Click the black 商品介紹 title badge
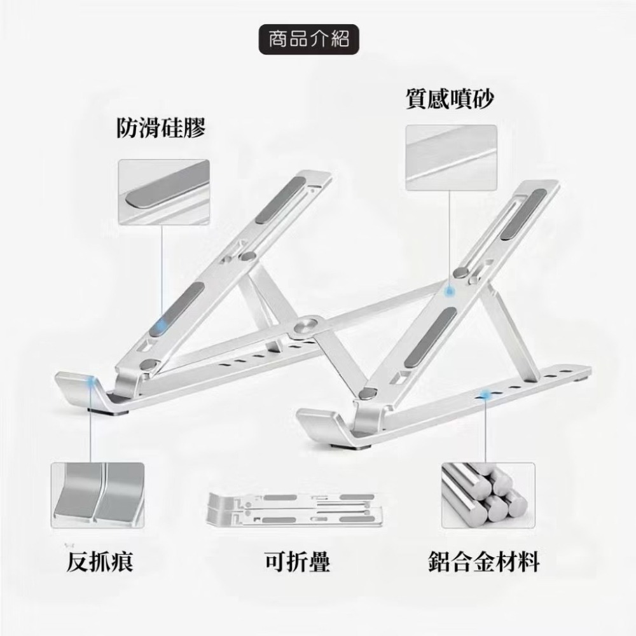(x=308, y=39)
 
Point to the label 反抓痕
(x=100, y=562)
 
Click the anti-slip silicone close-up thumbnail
(x=163, y=191)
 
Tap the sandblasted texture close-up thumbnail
(x=451, y=158)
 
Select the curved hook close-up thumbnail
(x=97, y=495)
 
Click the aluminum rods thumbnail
(x=488, y=495)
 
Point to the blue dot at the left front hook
(x=94, y=381)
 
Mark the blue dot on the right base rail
(x=487, y=396)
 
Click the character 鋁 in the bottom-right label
(x=440, y=562)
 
